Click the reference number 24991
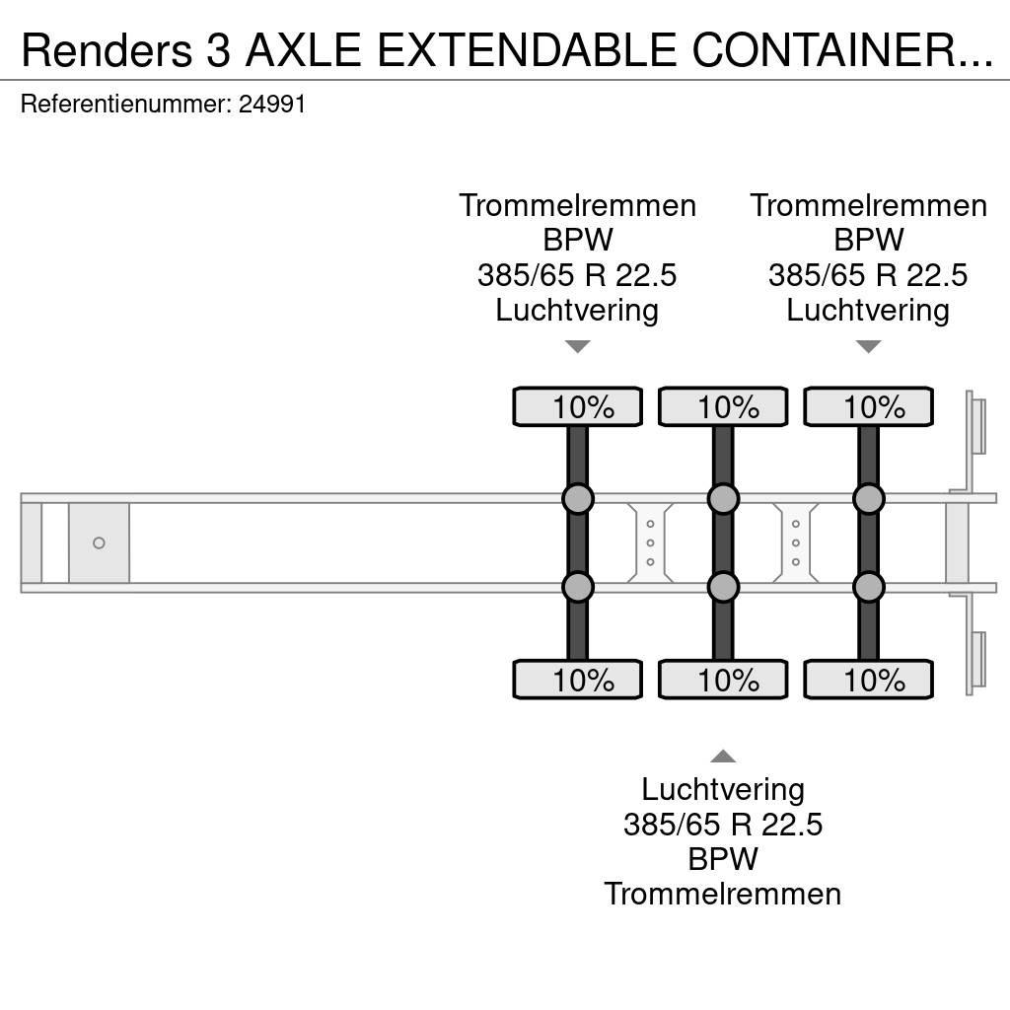pyautogui.click(x=272, y=104)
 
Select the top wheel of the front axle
pyautogui.click(x=577, y=407)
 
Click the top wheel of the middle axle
pyautogui.click(x=723, y=407)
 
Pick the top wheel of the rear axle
pyautogui.click(x=868, y=407)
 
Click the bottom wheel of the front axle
pyautogui.click(x=577, y=681)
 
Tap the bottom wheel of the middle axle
pyautogui.click(x=723, y=681)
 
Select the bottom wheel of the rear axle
pyautogui.click(x=868, y=681)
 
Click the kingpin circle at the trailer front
pyautogui.click(x=99, y=543)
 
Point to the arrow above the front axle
pyautogui.click(x=577, y=346)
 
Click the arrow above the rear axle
pyautogui.click(x=868, y=346)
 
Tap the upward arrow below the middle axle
pyautogui.click(x=723, y=757)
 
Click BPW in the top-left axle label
pyautogui.click(x=577, y=240)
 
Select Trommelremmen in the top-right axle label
pyautogui.click(x=868, y=205)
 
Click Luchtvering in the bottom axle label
pyautogui.click(x=723, y=789)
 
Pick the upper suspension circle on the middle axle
pyautogui.click(x=723, y=499)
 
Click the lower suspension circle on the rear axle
pyautogui.click(x=868, y=588)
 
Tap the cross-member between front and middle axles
pyautogui.click(x=650, y=543)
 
